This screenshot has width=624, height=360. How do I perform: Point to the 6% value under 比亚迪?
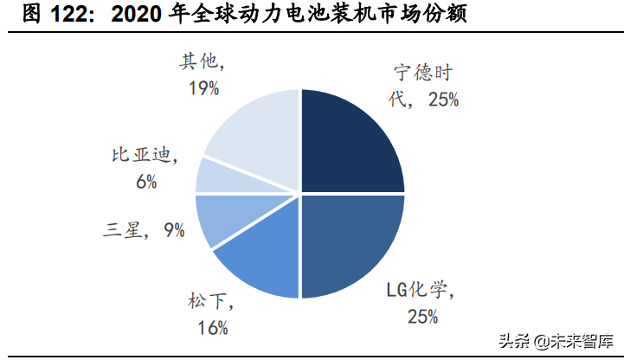click(145, 181)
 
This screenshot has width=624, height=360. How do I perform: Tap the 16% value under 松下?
click(212, 326)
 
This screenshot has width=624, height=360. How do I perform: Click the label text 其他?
click(196, 62)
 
